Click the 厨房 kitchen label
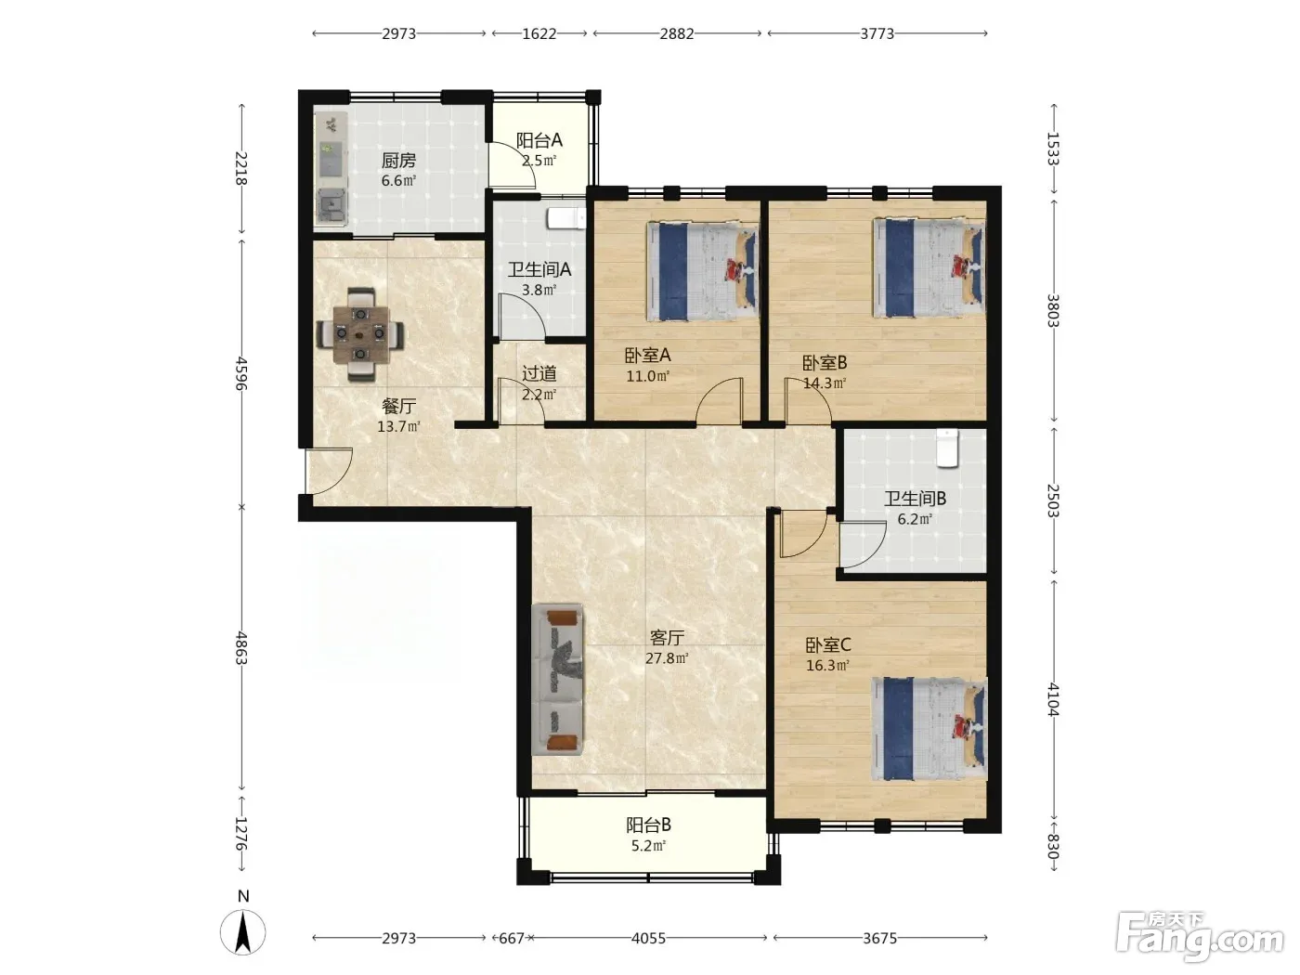point(398,161)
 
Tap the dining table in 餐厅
point(360,334)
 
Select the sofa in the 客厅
point(557,679)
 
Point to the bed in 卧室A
point(703,271)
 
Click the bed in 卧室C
point(929,729)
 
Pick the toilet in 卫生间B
point(947,448)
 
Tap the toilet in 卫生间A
point(566,218)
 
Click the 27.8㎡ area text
point(667,657)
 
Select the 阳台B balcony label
point(648,825)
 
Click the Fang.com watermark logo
point(1200,938)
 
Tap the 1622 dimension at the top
point(539,33)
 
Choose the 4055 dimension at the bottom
point(648,938)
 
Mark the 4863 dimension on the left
point(241,647)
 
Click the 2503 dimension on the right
point(1052,500)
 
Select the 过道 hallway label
point(539,373)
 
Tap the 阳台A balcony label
point(539,140)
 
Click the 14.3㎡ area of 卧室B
point(825,383)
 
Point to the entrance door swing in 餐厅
point(329,471)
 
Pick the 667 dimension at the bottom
point(511,938)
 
